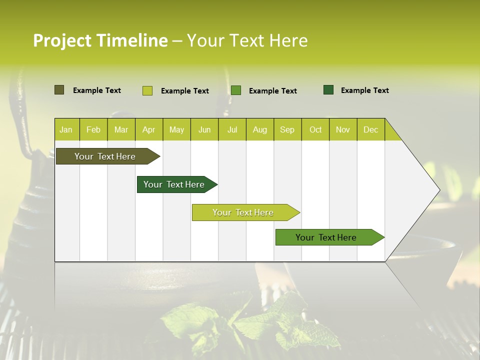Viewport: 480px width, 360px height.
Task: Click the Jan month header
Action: coord(66,130)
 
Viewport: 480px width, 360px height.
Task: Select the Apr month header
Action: coord(148,130)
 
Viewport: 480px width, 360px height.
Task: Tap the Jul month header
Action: coord(232,130)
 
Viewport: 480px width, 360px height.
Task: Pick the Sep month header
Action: coord(287,130)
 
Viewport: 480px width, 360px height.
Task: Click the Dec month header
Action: coord(370,130)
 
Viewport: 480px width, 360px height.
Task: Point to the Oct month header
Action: coord(315,130)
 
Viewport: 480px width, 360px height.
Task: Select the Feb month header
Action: coord(93,130)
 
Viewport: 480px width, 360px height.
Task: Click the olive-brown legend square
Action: coord(59,90)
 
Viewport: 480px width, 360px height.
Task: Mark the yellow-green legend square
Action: coord(147,90)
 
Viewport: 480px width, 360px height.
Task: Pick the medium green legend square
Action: coord(236,90)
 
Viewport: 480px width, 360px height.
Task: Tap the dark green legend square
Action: coord(328,90)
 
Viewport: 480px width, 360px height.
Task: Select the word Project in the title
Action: coord(61,40)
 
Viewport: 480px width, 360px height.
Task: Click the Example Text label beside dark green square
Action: coord(364,90)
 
